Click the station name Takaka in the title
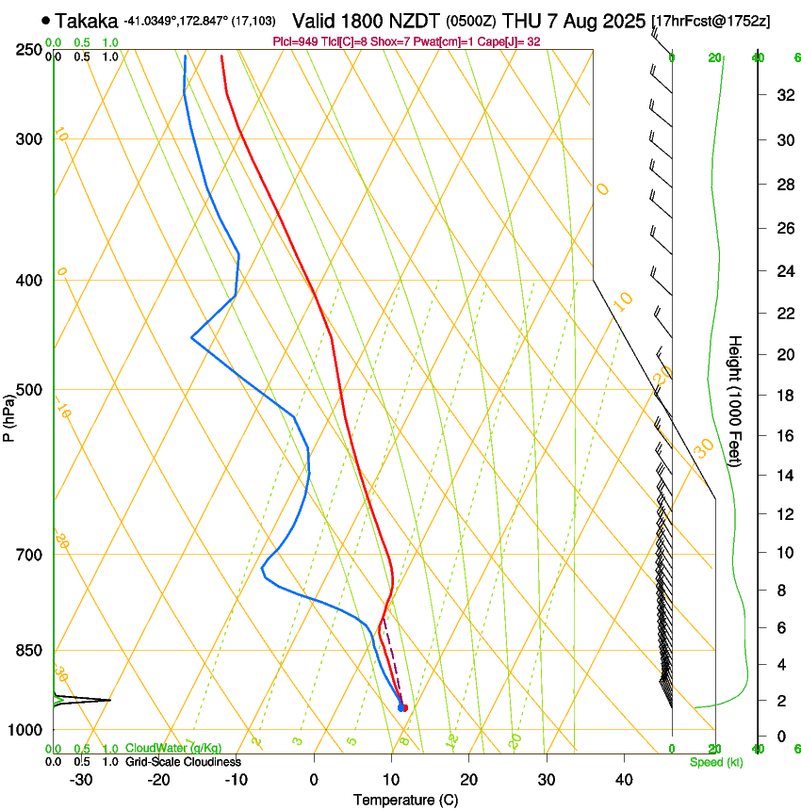[x=87, y=20]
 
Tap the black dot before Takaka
[x=45, y=20]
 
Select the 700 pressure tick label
[x=30, y=555]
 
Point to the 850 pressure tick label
[x=30, y=651]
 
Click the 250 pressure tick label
[x=30, y=50]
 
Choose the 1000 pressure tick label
[x=26, y=730]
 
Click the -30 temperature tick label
[x=81, y=780]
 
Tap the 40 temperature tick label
[x=624, y=780]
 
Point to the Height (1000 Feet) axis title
[x=736, y=400]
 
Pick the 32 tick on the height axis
[x=783, y=94]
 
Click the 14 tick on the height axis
[x=783, y=476]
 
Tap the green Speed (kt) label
[x=715, y=762]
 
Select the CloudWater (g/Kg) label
[x=172, y=748]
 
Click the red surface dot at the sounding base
[x=404, y=708]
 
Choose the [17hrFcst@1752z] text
[x=711, y=21]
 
